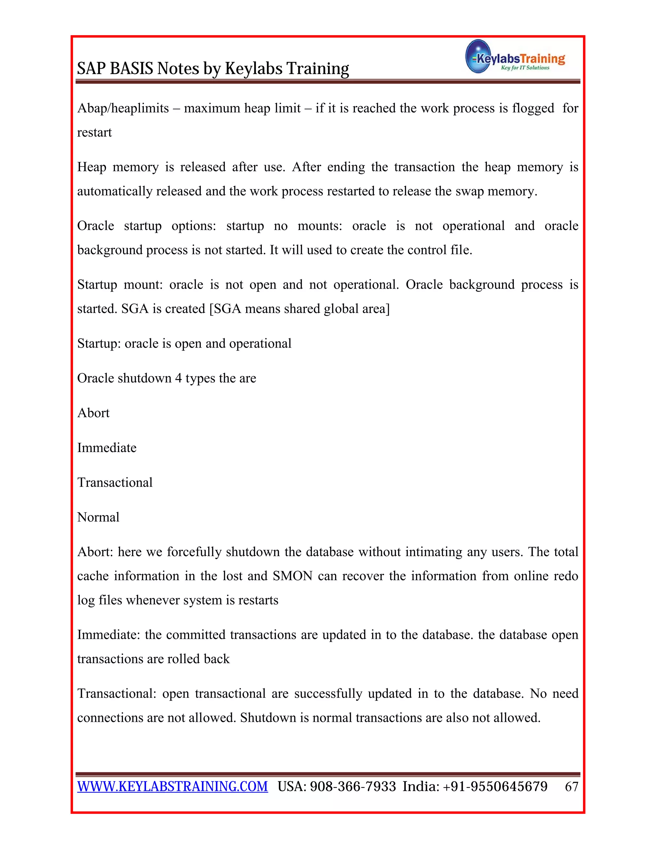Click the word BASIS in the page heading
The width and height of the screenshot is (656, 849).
(132, 69)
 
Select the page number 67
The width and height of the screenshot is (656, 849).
(571, 787)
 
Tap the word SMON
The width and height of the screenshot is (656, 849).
(292, 576)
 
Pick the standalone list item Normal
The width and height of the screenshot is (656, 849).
(98, 517)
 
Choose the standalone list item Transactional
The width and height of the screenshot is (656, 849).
(115, 482)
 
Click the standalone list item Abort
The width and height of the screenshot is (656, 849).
(93, 413)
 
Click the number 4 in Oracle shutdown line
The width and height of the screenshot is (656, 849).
(178, 378)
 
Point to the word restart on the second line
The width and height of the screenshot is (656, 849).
(94, 133)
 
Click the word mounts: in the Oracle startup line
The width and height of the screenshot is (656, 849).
(319, 226)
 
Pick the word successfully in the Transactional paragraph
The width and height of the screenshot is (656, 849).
(328, 694)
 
